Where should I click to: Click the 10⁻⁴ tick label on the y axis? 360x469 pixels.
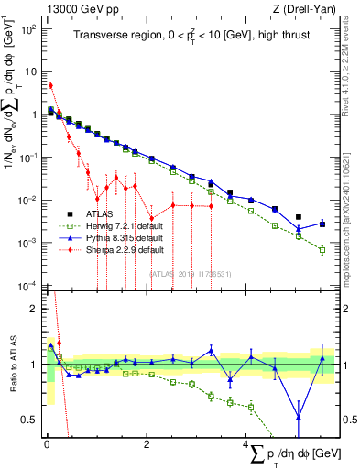(x=28, y=285)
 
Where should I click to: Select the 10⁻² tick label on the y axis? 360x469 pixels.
(x=28, y=200)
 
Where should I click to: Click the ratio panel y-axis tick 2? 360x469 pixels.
(x=35, y=309)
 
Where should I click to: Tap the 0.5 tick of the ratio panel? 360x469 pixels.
(x=32, y=420)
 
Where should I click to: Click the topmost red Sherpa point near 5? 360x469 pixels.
(x=50, y=85)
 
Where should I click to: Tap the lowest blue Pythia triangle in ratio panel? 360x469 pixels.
(x=299, y=418)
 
